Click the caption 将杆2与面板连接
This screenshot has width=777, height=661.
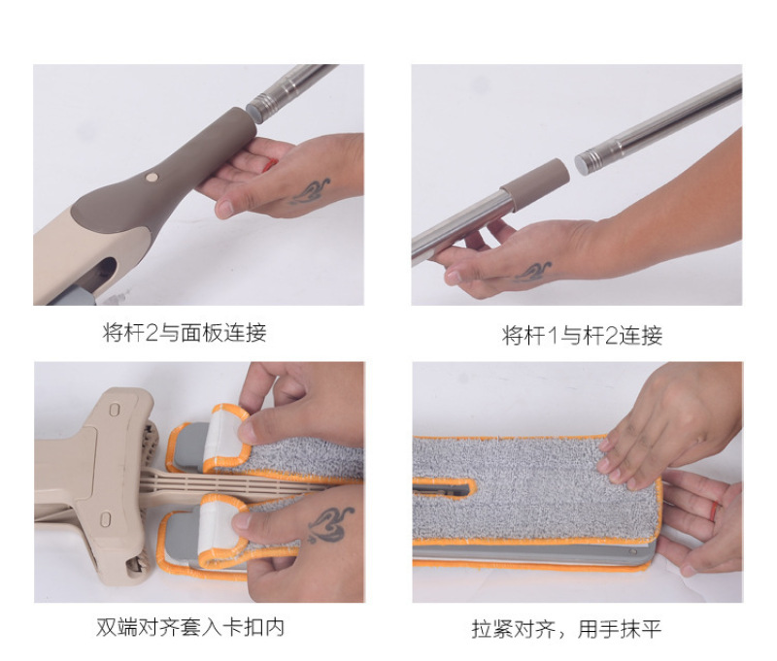(185, 332)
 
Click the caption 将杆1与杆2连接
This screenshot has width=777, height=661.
(582, 335)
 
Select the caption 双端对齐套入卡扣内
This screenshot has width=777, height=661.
(190, 627)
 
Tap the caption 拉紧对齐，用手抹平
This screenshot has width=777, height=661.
(566, 629)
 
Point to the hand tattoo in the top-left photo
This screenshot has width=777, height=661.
(309, 192)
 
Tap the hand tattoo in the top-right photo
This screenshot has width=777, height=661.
(532, 272)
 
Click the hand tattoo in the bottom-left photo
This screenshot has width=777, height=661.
(328, 524)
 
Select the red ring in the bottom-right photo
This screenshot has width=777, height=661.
(714, 511)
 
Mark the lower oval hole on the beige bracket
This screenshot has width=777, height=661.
(105, 519)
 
